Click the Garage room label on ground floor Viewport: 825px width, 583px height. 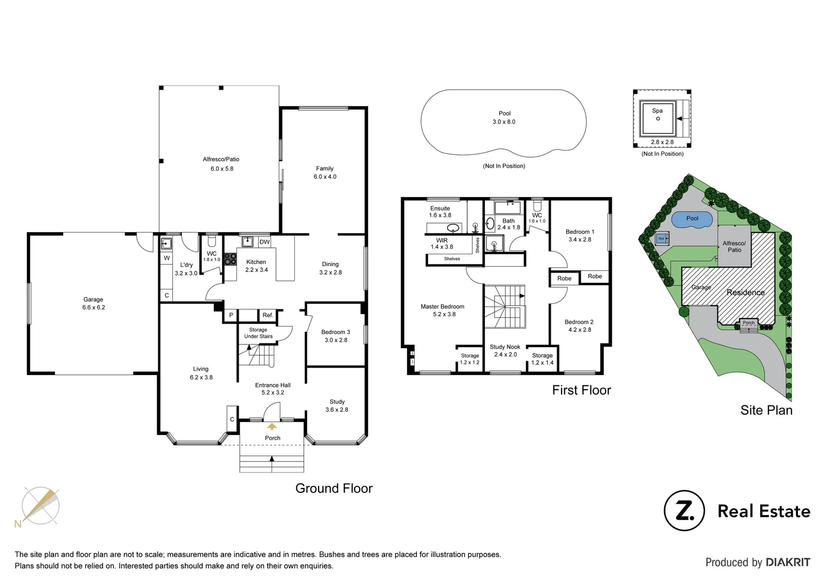93,300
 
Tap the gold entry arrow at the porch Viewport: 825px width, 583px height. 272,426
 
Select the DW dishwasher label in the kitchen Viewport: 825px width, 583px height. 264,242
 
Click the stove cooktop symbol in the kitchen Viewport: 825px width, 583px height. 231,259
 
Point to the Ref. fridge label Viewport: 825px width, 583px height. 268,315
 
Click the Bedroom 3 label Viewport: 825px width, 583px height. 335,332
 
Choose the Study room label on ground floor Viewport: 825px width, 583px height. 337,402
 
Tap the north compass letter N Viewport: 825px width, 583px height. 18,524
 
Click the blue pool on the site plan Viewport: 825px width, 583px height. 692,219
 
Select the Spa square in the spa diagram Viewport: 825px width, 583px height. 657,118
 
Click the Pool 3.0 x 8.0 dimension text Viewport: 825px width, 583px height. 504,122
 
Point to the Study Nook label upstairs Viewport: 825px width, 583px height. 505,347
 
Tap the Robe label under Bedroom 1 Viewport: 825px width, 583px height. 594,276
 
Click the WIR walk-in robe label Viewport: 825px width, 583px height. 442,240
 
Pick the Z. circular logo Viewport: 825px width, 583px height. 684,511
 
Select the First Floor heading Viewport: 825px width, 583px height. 581,390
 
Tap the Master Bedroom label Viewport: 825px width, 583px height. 442,307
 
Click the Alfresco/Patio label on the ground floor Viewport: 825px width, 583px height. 221,159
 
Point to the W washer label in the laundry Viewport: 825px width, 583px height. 167,258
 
